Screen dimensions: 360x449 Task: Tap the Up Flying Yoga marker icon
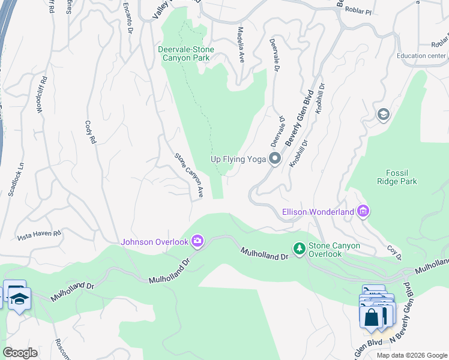point(276,159)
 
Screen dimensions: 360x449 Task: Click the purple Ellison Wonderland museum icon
point(363,211)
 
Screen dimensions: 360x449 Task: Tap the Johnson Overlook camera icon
point(197,242)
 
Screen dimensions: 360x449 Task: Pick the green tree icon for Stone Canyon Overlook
point(299,248)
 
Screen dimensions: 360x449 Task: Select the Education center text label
point(421,56)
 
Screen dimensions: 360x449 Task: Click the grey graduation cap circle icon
point(382,115)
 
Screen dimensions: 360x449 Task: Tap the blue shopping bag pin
point(372,316)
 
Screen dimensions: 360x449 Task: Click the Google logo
point(20,353)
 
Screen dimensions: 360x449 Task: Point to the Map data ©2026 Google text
point(411,355)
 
